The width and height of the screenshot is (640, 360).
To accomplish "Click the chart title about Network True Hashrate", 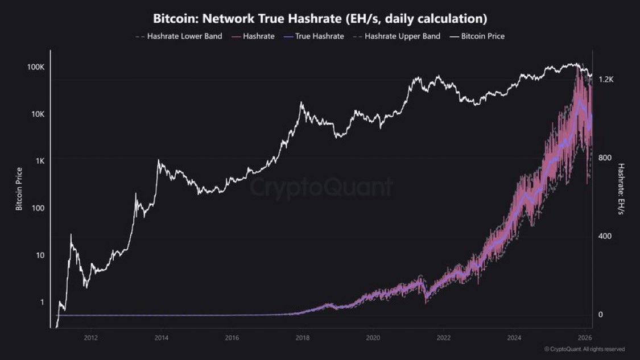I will pos(320,19).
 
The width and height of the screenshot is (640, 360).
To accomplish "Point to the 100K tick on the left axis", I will pos(36,67).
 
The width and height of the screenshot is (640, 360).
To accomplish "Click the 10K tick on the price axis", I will pos(38,114).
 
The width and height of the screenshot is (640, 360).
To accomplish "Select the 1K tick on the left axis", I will pos(40,162).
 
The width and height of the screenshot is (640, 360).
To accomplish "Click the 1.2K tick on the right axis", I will pos(606,80).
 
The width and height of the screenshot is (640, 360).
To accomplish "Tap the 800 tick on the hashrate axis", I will pos(605,158).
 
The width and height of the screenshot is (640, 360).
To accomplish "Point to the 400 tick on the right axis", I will pos(605,236).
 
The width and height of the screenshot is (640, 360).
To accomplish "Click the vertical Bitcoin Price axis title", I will pos(19,189).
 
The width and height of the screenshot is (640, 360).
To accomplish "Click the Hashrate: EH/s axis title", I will pos(621,189).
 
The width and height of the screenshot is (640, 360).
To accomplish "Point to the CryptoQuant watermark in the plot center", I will pos(322,187).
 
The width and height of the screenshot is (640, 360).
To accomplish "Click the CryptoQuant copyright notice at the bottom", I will pos(584,349).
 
